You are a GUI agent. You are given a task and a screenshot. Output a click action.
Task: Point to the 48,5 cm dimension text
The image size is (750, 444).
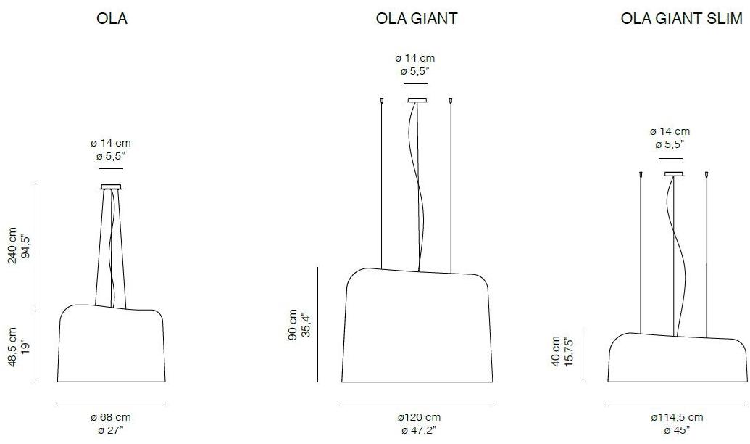click(x=12, y=348)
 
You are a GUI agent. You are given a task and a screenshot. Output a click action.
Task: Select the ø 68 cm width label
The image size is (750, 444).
click(x=111, y=417)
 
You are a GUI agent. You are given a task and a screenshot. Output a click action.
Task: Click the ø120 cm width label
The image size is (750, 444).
click(x=418, y=417)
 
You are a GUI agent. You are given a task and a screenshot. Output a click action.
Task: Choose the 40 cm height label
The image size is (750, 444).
click(x=556, y=351)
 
